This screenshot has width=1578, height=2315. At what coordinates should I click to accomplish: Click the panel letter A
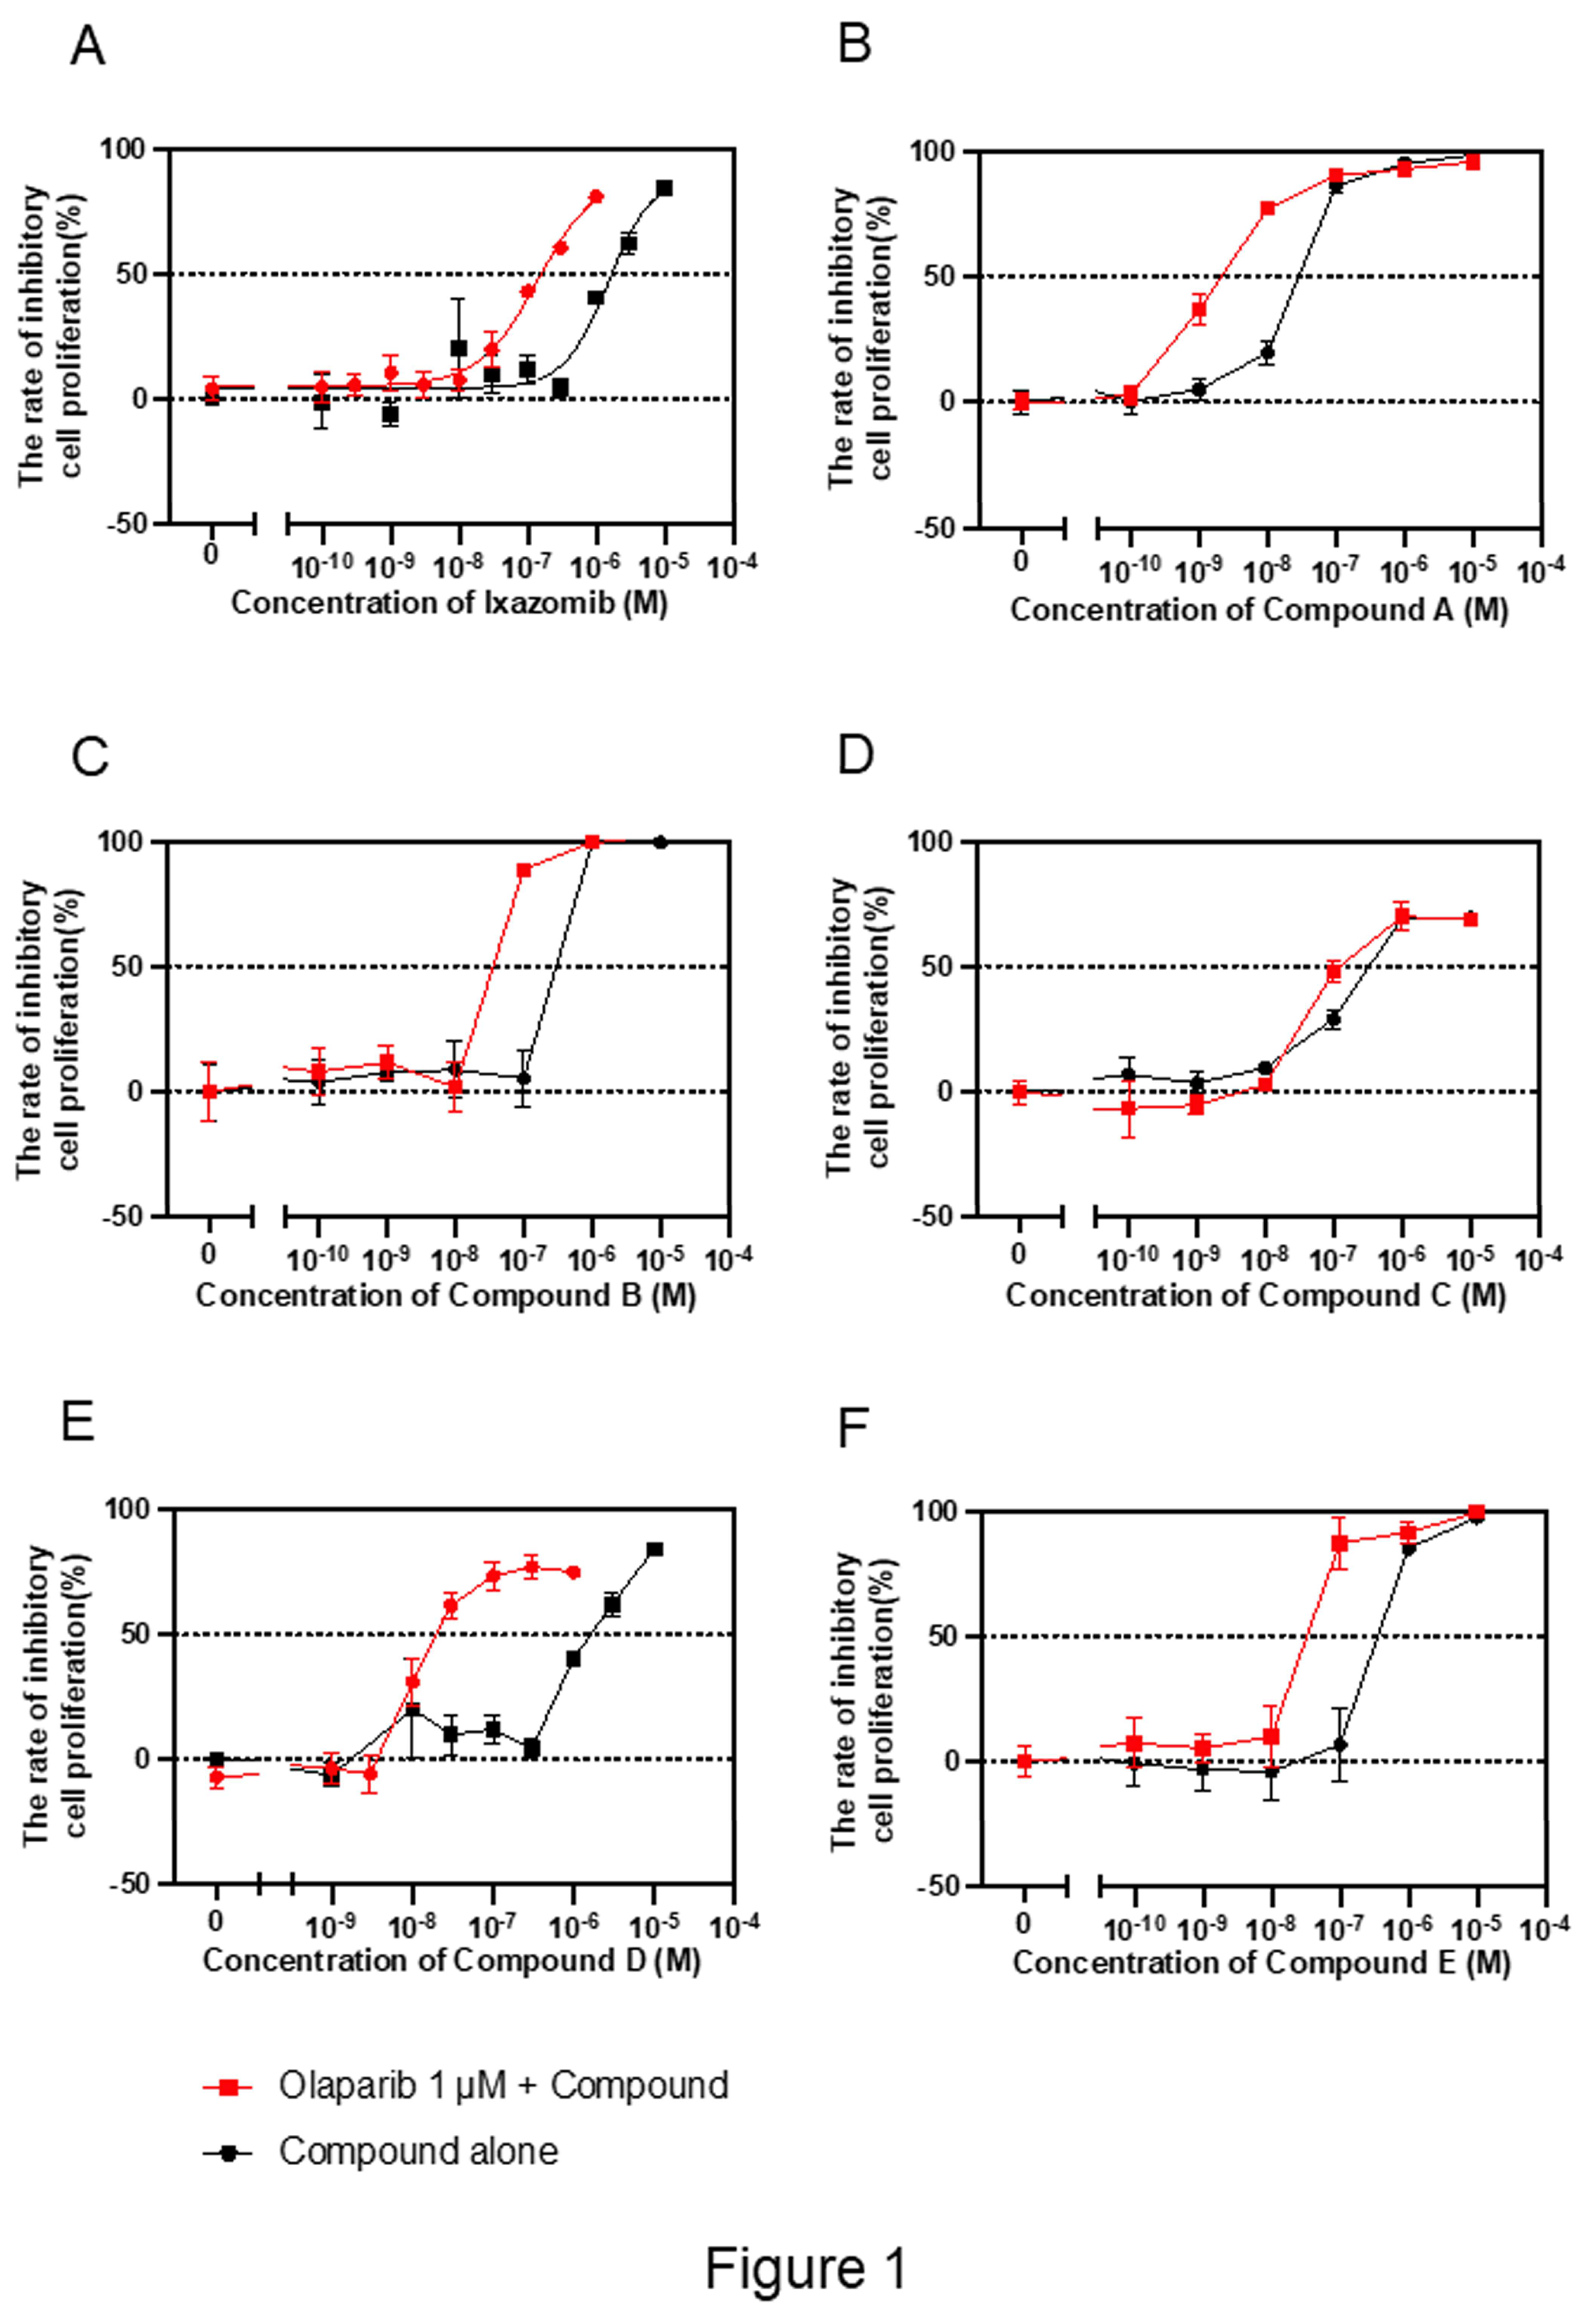pos(88,47)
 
